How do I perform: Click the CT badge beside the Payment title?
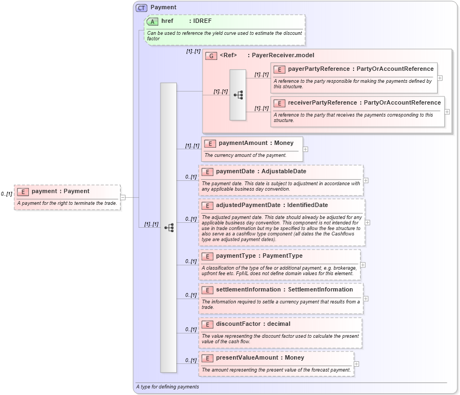tap(141, 8)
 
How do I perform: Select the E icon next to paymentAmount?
tap(210, 143)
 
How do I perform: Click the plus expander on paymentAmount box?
tap(306, 149)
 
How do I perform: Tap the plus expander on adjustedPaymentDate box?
tap(367, 222)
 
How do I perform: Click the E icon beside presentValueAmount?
tap(207, 358)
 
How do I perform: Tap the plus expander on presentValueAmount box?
tap(356, 364)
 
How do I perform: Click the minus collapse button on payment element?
tap(123, 197)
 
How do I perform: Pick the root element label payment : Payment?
tap(60, 191)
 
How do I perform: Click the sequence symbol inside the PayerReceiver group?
tap(238, 95)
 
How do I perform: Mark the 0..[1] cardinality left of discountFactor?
tap(190, 329)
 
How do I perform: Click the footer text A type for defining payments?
tap(168, 387)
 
